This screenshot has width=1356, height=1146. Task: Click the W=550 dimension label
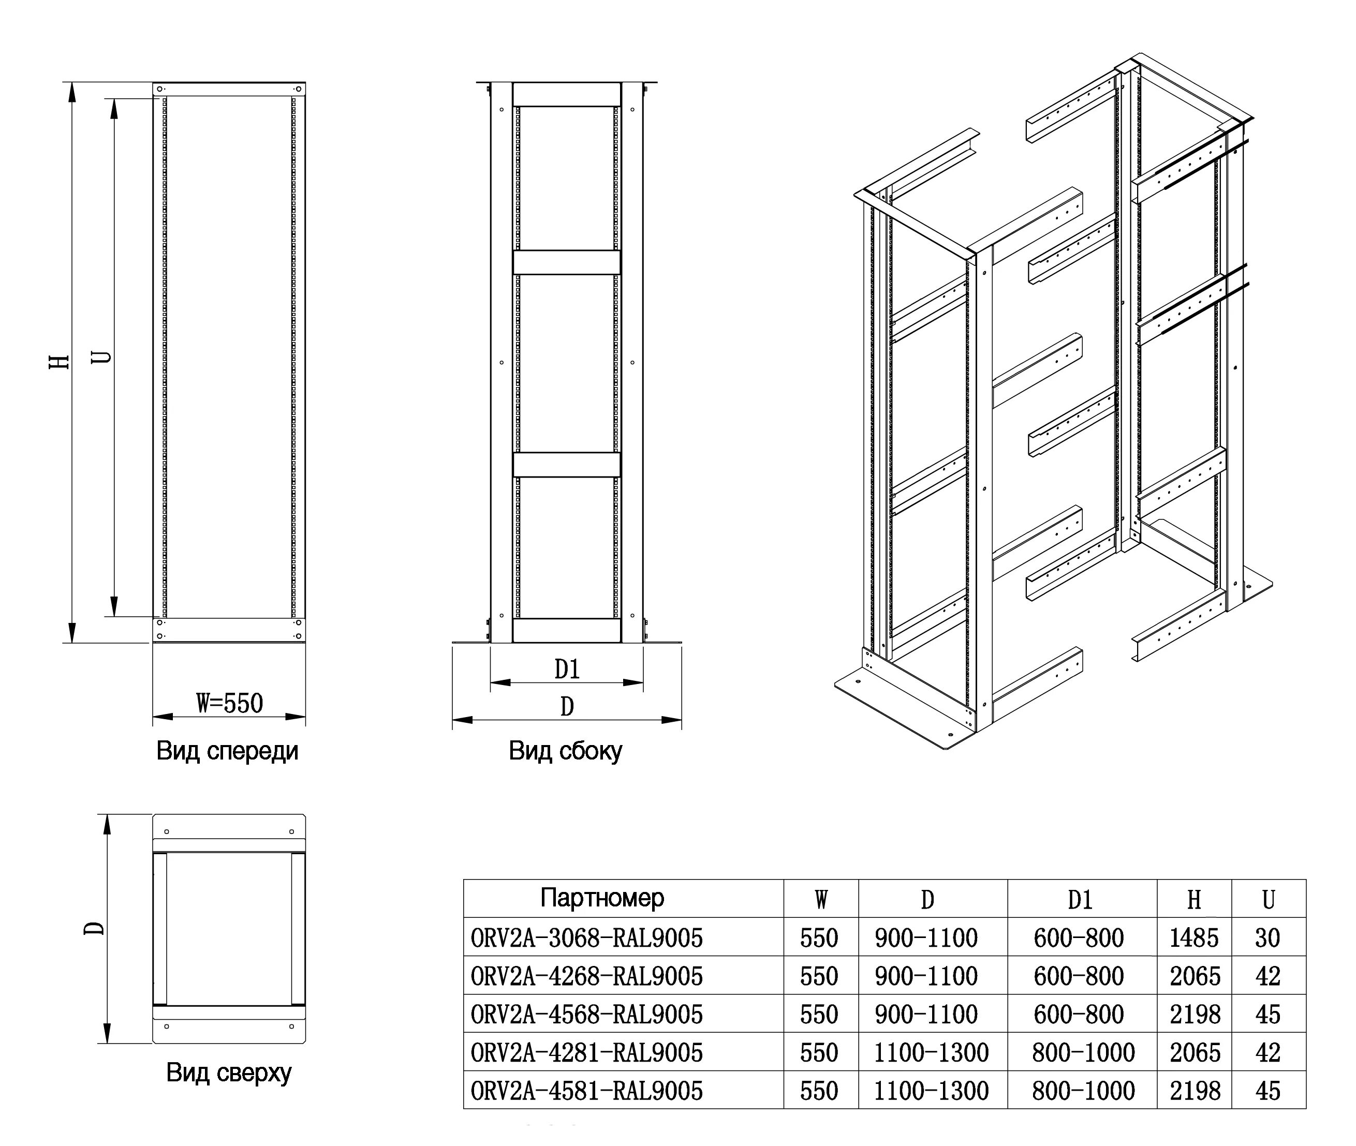(x=229, y=704)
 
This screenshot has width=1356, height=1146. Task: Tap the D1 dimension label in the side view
(x=567, y=669)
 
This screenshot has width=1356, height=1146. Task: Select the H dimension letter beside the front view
(x=60, y=362)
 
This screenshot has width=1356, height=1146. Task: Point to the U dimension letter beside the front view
(x=101, y=358)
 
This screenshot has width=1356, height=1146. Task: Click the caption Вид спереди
(x=227, y=752)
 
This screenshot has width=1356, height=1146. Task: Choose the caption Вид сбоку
(x=565, y=752)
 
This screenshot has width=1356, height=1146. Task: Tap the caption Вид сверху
(x=229, y=1073)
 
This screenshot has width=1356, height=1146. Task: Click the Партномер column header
(x=602, y=899)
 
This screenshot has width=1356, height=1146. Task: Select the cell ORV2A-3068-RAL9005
(x=587, y=938)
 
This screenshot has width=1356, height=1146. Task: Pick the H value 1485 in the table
(x=1193, y=938)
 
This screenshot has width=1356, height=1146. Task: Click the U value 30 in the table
(x=1267, y=938)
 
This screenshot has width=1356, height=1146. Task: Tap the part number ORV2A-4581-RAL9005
(x=587, y=1091)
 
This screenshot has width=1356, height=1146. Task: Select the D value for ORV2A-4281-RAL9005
(x=931, y=1052)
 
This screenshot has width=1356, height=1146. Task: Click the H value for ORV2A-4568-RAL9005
(x=1193, y=1015)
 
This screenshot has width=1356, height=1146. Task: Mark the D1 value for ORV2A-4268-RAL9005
(x=1079, y=976)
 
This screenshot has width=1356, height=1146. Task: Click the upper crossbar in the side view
(x=567, y=262)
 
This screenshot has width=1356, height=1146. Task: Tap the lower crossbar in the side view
(x=567, y=465)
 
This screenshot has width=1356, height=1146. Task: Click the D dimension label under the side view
(x=567, y=707)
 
